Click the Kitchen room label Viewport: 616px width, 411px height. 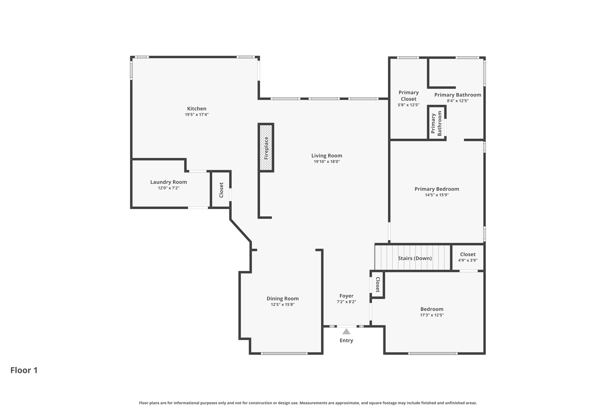(x=197, y=109)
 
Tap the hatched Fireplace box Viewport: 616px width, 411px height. (x=266, y=148)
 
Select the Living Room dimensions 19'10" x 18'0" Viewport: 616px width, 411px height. (x=327, y=162)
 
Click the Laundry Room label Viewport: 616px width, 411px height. (x=168, y=182)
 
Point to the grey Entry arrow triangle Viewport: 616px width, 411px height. (x=346, y=332)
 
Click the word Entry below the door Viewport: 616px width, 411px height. (x=346, y=341)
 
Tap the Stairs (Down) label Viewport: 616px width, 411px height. (x=414, y=258)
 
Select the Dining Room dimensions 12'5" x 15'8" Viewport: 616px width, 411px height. (x=282, y=305)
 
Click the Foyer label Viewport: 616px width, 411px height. (x=346, y=296)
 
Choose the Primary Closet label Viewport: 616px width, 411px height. (x=408, y=96)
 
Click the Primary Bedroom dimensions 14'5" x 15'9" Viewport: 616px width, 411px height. (x=437, y=195)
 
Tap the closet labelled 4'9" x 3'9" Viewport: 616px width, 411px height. (x=468, y=257)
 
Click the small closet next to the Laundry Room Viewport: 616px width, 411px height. (x=221, y=190)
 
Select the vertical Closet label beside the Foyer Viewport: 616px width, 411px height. (x=378, y=285)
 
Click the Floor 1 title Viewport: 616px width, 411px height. (x=24, y=370)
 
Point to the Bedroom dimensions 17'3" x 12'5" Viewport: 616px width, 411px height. (x=432, y=315)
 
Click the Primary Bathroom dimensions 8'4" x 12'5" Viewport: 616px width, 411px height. (x=457, y=101)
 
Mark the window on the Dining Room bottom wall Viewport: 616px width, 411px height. (x=284, y=353)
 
